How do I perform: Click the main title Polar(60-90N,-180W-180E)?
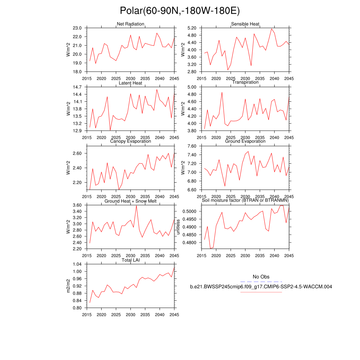tap(180, 11)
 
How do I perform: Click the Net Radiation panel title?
tap(130, 24)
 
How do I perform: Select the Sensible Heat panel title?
tap(245, 24)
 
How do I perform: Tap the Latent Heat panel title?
tap(130, 83)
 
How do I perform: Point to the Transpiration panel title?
tap(245, 82)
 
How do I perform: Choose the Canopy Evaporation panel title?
tap(130, 141)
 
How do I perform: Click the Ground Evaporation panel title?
tap(245, 141)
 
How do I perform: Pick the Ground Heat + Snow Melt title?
tap(130, 201)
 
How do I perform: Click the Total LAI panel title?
tap(130, 260)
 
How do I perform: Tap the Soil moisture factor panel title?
tap(245, 200)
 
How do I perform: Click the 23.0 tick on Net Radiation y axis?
tap(77, 28)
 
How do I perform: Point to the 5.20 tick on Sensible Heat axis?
tap(191, 28)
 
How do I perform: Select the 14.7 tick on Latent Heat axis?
tap(77, 87)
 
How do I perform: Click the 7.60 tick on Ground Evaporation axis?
tap(191, 146)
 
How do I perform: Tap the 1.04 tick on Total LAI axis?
tap(77, 264)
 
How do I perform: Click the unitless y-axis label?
tap(178, 227)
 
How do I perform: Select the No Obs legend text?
tap(261, 277)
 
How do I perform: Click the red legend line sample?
tap(261, 292)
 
